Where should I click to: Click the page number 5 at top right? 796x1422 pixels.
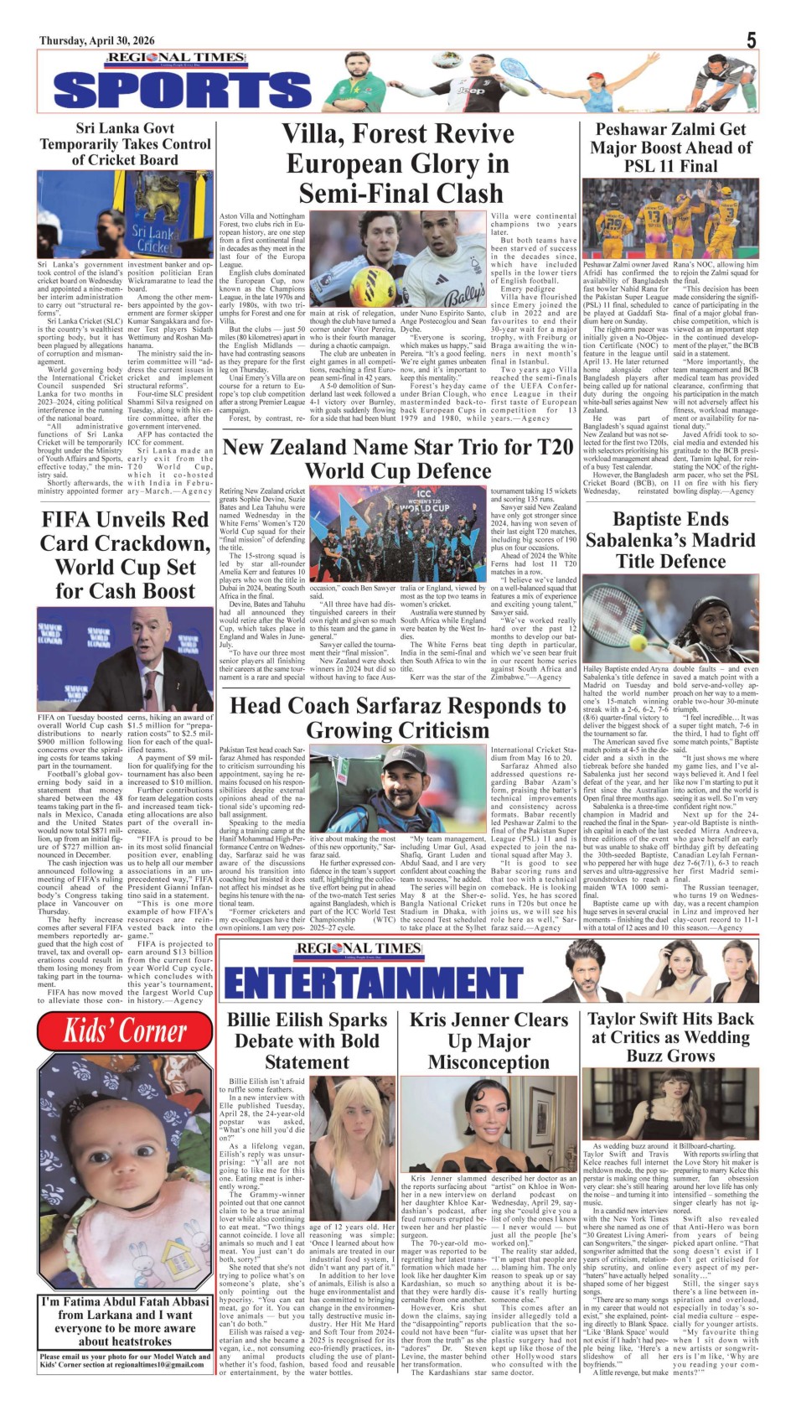752,39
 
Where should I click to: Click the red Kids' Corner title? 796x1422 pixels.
126,1030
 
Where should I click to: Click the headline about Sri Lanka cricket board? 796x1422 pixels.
125,144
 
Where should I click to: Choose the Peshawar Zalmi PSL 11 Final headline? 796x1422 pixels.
670,147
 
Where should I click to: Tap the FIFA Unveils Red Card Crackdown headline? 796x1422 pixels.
125,555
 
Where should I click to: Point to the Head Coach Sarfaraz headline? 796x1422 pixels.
397,718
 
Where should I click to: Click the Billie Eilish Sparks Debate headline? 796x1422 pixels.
307,1041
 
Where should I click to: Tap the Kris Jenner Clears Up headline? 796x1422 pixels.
488,1041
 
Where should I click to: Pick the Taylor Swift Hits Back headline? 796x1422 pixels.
670,1037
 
